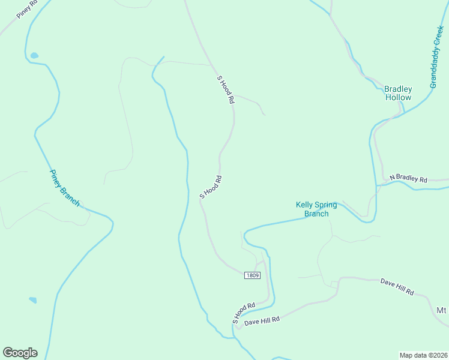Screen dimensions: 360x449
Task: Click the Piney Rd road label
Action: coord(28,10)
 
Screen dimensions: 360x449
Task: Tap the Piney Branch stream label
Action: coord(64,187)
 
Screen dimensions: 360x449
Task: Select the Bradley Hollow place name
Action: coord(398,94)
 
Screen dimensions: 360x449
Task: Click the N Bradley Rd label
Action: coord(408,179)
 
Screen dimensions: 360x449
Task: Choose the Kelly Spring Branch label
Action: coord(316,209)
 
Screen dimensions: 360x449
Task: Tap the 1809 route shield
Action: coord(252,275)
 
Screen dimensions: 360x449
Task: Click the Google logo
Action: coord(20,353)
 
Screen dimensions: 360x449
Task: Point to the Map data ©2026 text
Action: coord(423,355)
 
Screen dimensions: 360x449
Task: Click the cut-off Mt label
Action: coord(442,310)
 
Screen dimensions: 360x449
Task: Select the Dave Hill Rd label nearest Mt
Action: coord(397,287)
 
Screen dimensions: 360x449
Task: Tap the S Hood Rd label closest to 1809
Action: coord(244,312)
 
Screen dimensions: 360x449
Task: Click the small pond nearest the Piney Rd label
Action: coord(34,56)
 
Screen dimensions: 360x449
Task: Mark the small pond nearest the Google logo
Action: coord(32,300)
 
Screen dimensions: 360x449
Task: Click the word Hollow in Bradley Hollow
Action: coord(399,98)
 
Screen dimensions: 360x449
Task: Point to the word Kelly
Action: coord(304,205)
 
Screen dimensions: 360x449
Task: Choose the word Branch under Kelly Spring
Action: coord(316,214)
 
